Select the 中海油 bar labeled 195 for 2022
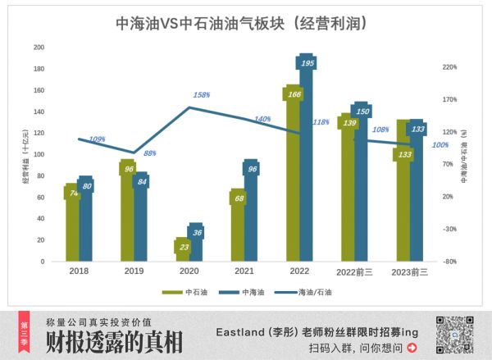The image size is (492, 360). pyautogui.click(x=307, y=164)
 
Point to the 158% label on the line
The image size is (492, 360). pyautogui.click(x=201, y=95)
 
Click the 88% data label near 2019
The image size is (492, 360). pyautogui.click(x=150, y=153)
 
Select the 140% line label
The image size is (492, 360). pyautogui.click(x=262, y=120)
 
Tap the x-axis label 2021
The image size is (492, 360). pyautogui.click(x=244, y=271)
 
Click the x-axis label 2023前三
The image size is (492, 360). pyautogui.click(x=411, y=271)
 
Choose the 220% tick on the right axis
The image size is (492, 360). pyautogui.click(x=449, y=67)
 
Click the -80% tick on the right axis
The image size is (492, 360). pyautogui.click(x=448, y=262)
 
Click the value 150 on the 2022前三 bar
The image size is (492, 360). pyautogui.click(x=363, y=112)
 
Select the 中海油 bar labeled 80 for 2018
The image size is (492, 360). pyautogui.click(x=85, y=221)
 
